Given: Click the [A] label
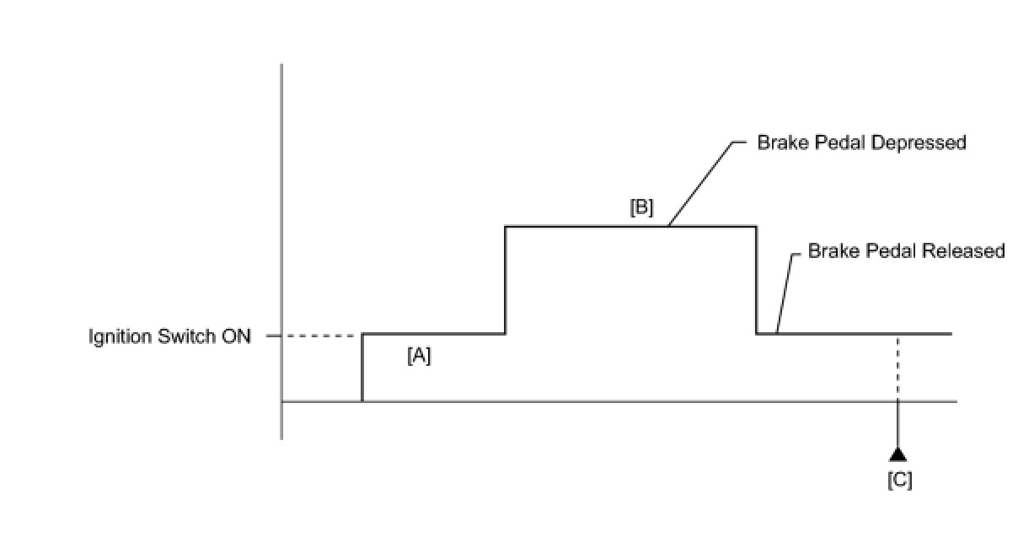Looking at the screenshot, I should click(419, 357).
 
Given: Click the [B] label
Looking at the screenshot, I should click(642, 207).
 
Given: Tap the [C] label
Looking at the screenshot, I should click(899, 481).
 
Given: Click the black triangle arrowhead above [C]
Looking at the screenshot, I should click(898, 454).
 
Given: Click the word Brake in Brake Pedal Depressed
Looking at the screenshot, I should click(778, 142).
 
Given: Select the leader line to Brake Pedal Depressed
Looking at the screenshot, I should click(699, 181).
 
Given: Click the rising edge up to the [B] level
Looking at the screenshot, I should click(505, 280).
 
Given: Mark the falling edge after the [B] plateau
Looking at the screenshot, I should click(756, 280).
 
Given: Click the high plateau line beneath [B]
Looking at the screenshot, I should click(590, 226).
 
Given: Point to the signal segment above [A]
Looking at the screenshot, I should click(434, 334).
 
